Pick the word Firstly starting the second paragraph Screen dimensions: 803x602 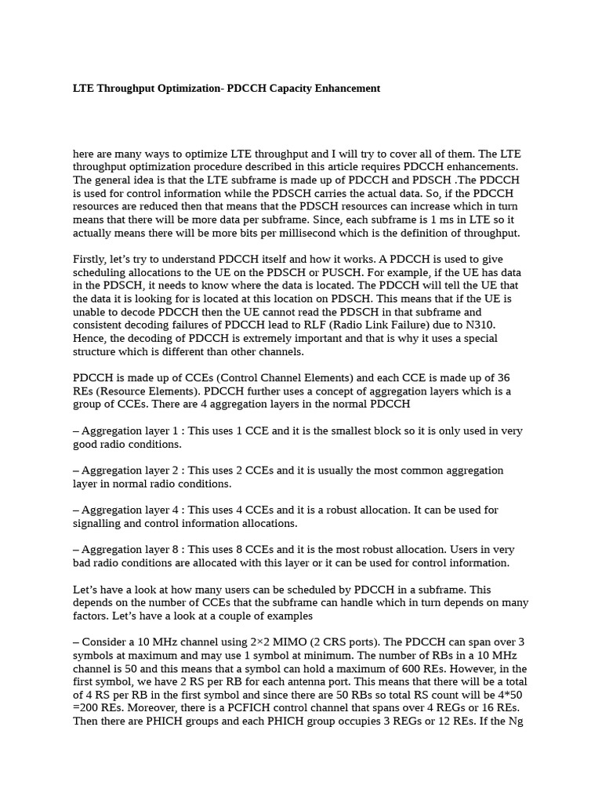click(x=90, y=260)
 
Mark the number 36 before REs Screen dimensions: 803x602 click(x=502, y=378)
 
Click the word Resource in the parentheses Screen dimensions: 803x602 click(x=120, y=391)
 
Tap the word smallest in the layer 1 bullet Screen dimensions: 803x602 click(x=360, y=431)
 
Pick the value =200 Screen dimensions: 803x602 click(x=86, y=708)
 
